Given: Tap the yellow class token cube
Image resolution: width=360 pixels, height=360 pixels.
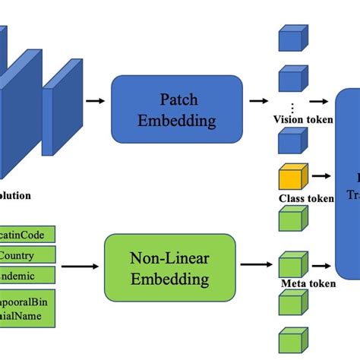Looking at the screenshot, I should tap(292, 177).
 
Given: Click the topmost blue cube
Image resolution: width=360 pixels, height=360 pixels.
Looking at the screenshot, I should tap(292, 39).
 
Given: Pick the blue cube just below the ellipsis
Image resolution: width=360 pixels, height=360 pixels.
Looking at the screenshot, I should tap(292, 142).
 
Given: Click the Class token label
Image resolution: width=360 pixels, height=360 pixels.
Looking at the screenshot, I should tap(305, 199).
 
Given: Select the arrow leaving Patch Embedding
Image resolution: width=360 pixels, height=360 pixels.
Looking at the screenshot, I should tap(259, 99).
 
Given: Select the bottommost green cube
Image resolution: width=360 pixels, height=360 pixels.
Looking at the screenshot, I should tap(292, 341).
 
